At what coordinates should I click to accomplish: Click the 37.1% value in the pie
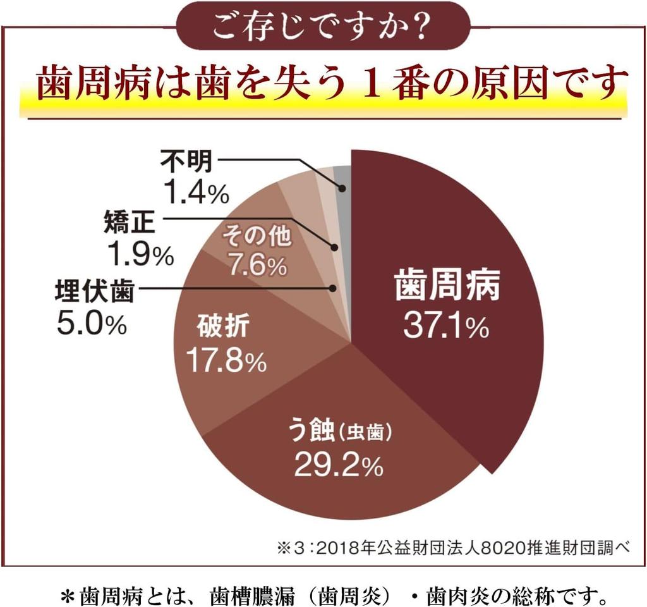(x=445, y=326)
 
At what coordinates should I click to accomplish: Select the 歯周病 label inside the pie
(x=447, y=287)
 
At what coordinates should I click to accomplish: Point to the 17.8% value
(x=226, y=362)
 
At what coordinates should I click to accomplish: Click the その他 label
(x=255, y=236)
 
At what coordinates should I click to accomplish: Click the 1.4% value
(x=195, y=193)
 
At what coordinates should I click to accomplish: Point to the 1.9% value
(x=140, y=254)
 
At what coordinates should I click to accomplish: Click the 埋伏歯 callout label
(x=94, y=292)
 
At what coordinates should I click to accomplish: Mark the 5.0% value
(x=92, y=324)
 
